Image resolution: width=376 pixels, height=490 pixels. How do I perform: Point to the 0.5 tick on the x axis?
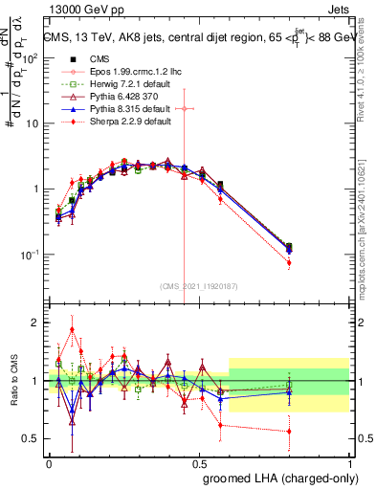(x=199, y=462)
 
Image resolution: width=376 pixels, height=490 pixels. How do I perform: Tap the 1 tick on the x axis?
(x=349, y=462)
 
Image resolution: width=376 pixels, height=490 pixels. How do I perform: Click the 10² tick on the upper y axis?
(x=34, y=57)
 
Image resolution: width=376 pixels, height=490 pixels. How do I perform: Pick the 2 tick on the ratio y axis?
(x=36, y=323)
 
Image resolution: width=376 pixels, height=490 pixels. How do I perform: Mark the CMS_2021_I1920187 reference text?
(x=197, y=286)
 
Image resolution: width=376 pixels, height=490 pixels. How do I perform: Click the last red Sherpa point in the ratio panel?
(x=289, y=432)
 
